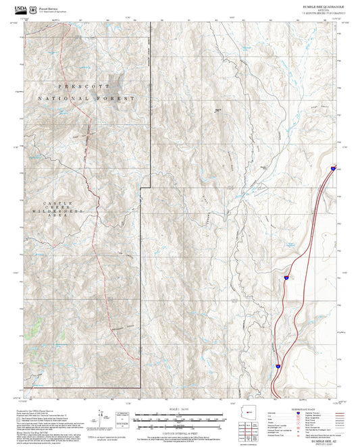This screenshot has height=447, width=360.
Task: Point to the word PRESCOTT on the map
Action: click(x=87, y=87)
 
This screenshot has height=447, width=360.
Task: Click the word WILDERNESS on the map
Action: click(x=51, y=212)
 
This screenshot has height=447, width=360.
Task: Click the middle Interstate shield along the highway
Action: click(x=286, y=277)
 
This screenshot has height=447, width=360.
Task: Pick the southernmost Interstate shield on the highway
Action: click(x=277, y=367)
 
